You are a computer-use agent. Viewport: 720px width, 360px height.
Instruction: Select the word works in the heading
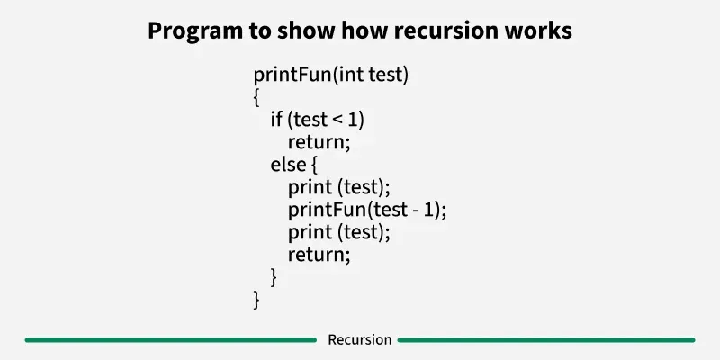[x=539, y=31]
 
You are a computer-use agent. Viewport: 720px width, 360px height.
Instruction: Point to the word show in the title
[x=305, y=31]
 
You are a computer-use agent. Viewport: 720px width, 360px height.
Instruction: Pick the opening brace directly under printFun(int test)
[x=257, y=97]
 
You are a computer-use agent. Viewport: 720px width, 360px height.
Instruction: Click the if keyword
[x=276, y=120]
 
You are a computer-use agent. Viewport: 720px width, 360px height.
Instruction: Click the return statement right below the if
[x=318, y=142]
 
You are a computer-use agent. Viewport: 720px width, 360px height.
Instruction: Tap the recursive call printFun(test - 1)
[x=366, y=210]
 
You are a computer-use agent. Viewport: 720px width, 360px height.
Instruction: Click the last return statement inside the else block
[x=318, y=255]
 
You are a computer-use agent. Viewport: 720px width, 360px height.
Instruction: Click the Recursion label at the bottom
[x=359, y=340]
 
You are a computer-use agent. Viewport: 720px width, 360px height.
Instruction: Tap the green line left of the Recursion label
[x=171, y=340]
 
